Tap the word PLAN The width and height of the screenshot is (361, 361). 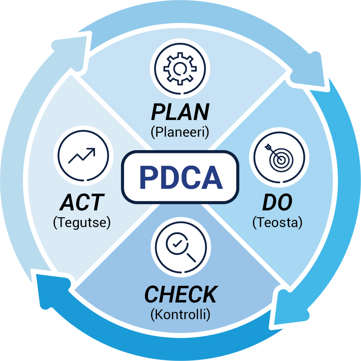180,112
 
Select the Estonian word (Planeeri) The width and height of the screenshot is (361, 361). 180,132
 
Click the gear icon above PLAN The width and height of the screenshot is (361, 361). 180,69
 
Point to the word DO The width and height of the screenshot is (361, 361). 277,202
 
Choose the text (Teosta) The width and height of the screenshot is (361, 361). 277,223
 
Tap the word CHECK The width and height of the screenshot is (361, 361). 181,295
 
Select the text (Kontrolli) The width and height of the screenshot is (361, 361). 180,315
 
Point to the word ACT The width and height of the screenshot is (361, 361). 82,202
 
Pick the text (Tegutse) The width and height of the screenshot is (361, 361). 82,223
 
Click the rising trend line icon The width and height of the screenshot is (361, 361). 82,156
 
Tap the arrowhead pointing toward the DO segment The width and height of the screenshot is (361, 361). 309,71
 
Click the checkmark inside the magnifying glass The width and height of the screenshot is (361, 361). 177,244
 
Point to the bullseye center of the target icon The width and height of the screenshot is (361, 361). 281,160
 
